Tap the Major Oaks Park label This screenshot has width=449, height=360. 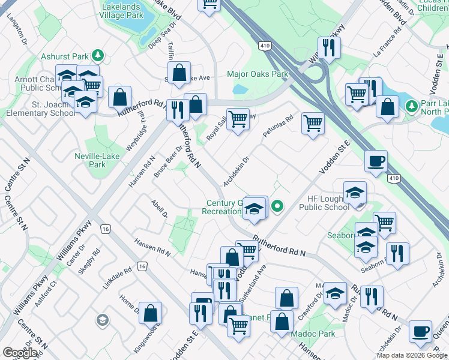pyautogui.click(x=258, y=74)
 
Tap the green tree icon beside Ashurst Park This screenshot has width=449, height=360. pyautogui.click(x=98, y=56)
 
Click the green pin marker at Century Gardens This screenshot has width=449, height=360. pyautogui.click(x=277, y=206)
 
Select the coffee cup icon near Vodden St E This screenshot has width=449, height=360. pyautogui.click(x=376, y=161)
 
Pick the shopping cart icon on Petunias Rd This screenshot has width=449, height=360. pyautogui.click(x=313, y=124)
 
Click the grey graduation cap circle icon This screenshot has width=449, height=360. pyautogui.click(x=102, y=319)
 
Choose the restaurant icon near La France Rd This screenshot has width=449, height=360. pyautogui.click(x=329, y=48)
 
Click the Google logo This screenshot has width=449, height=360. pyautogui.click(x=20, y=353)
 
